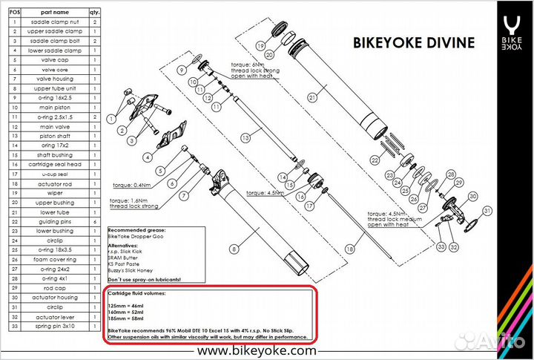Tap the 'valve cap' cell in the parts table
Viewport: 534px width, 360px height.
[x=51, y=59]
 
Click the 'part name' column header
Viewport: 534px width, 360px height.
[x=51, y=13]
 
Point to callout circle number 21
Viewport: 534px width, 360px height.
[x=312, y=96]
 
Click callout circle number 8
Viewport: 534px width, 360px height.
[x=233, y=249]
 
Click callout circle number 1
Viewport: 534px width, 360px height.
[x=111, y=117]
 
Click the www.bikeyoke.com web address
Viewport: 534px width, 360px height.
[x=255, y=349]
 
